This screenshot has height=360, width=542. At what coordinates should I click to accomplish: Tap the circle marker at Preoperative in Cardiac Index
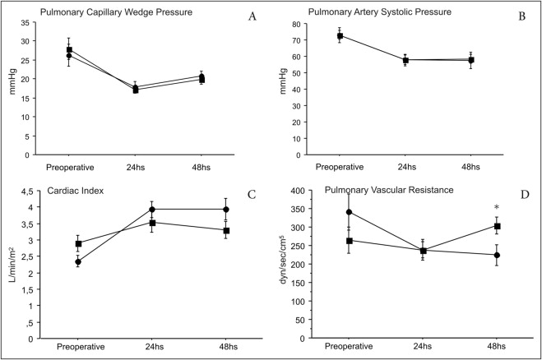pyautogui.click(x=78, y=262)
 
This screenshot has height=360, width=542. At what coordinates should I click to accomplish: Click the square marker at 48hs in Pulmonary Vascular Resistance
pyautogui.click(x=497, y=226)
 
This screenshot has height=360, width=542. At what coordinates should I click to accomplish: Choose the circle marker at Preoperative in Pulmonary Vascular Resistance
pyautogui.click(x=350, y=212)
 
